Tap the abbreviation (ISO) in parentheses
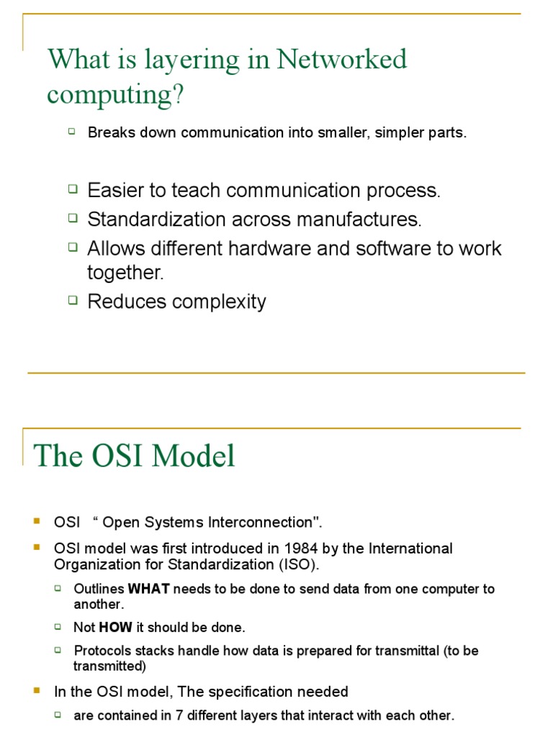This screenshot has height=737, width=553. [x=297, y=564]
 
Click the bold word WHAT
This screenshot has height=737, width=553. [x=148, y=589]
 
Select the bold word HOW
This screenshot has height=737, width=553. [x=115, y=628]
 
